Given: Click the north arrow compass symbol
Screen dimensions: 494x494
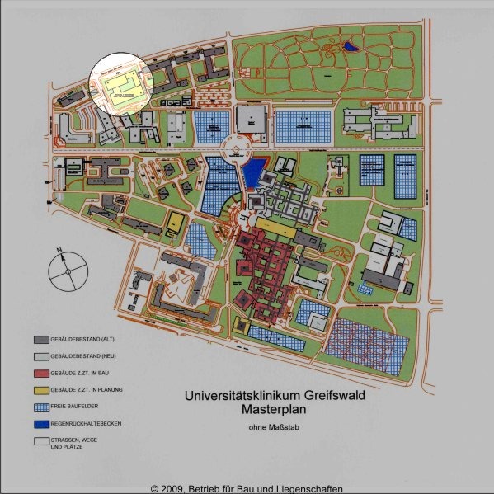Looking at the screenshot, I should pos(65,269).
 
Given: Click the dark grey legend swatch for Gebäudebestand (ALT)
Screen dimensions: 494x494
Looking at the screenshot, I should pos(41,339).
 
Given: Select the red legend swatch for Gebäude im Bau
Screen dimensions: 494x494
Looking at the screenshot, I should pos(41,373).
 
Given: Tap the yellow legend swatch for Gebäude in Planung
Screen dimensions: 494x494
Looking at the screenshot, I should pos(41,389).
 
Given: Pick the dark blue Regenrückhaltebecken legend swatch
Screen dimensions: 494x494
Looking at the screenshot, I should pos(41,423).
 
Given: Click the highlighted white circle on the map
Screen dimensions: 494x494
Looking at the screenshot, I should pos(121,83).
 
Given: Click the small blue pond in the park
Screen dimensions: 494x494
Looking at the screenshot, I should pos(352,47).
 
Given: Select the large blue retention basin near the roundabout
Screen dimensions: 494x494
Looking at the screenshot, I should pos(254,170).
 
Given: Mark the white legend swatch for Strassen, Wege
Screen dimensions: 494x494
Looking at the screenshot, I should pos(41,441).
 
